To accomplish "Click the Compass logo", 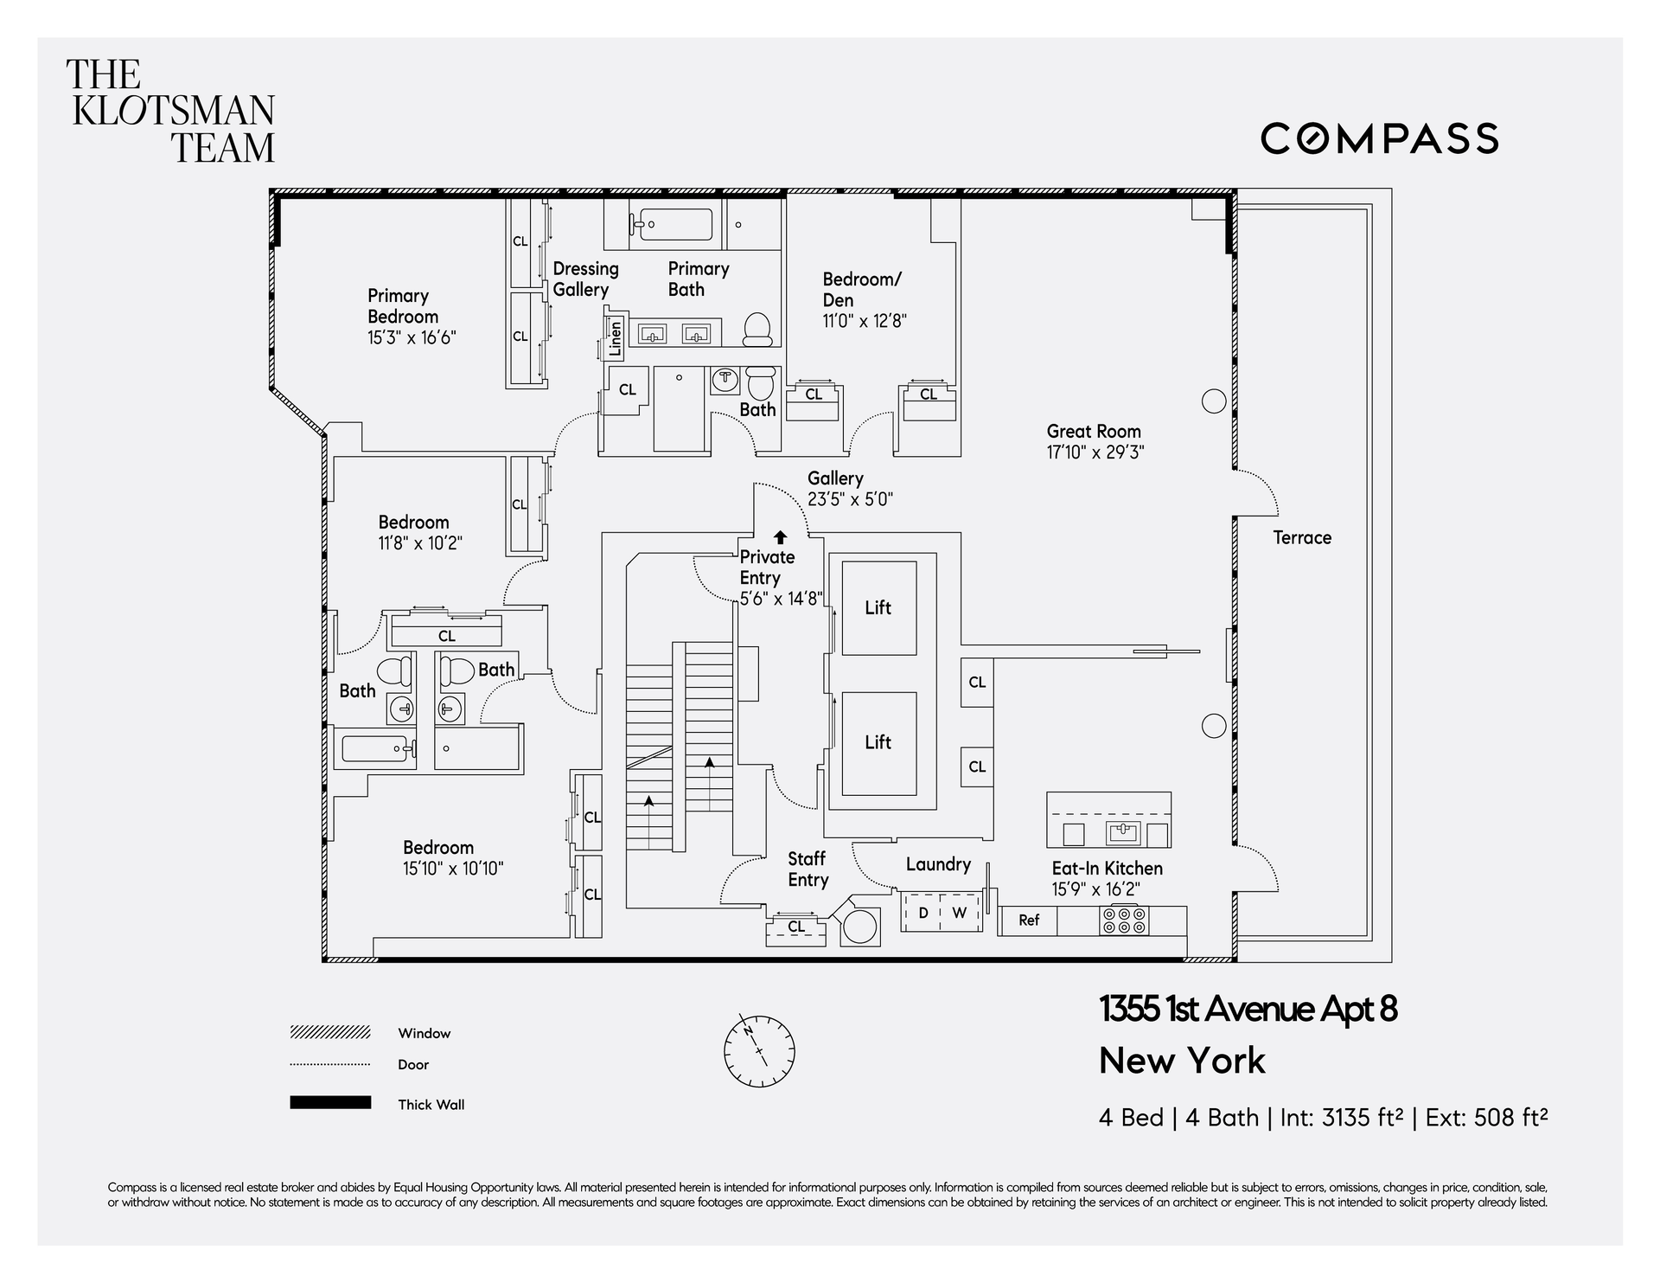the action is pos(1379,138).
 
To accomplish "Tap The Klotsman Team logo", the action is pos(171,111).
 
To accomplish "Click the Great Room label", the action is pos(1094,431).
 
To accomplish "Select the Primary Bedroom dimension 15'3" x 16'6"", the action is pos(412,337).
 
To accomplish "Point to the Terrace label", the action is pos(1302,537).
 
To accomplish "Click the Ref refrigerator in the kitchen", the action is pos(1029,921).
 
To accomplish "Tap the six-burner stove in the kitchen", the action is pos(1124,921).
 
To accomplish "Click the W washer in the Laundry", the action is pos(960,913).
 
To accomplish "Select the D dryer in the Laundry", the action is pos(923,913).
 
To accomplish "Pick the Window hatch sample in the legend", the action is pos(330,1032).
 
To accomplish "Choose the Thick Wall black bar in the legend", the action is pos(330,1103).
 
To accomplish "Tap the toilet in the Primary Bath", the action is pos(757,329).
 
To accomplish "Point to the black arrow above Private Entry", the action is pos(780,537).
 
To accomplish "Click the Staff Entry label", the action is pos(808,869).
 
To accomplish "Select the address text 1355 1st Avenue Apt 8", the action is pos(1248,1009).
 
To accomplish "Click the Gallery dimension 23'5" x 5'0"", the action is pos(850,499).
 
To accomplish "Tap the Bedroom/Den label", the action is pos(862,290).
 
